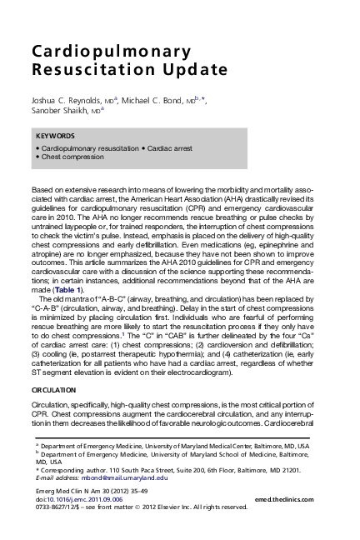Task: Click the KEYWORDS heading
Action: (56, 135)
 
